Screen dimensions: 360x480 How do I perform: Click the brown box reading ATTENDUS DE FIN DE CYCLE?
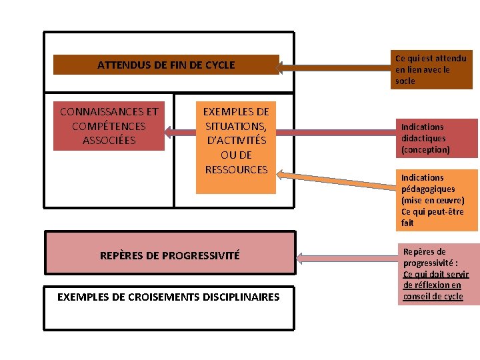click(166, 65)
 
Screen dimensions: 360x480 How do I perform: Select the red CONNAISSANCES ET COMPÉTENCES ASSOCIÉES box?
click(109, 126)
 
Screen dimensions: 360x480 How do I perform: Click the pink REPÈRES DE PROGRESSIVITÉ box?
click(169, 255)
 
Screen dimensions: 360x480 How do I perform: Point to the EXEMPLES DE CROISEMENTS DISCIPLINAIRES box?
click(169, 307)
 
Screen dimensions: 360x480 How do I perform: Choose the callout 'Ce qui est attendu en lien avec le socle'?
click(432, 69)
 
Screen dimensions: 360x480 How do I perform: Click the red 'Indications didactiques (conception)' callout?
click(437, 138)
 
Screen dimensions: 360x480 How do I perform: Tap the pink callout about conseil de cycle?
click(438, 274)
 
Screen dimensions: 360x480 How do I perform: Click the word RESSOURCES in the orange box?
click(236, 170)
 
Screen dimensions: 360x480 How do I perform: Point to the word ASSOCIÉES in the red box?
click(109, 141)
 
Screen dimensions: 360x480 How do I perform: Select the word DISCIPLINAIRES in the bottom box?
click(242, 297)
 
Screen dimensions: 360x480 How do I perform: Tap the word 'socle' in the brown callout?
click(405, 81)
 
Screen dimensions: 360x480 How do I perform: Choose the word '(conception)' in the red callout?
click(425, 150)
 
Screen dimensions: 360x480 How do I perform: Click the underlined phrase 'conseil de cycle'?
click(433, 297)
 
